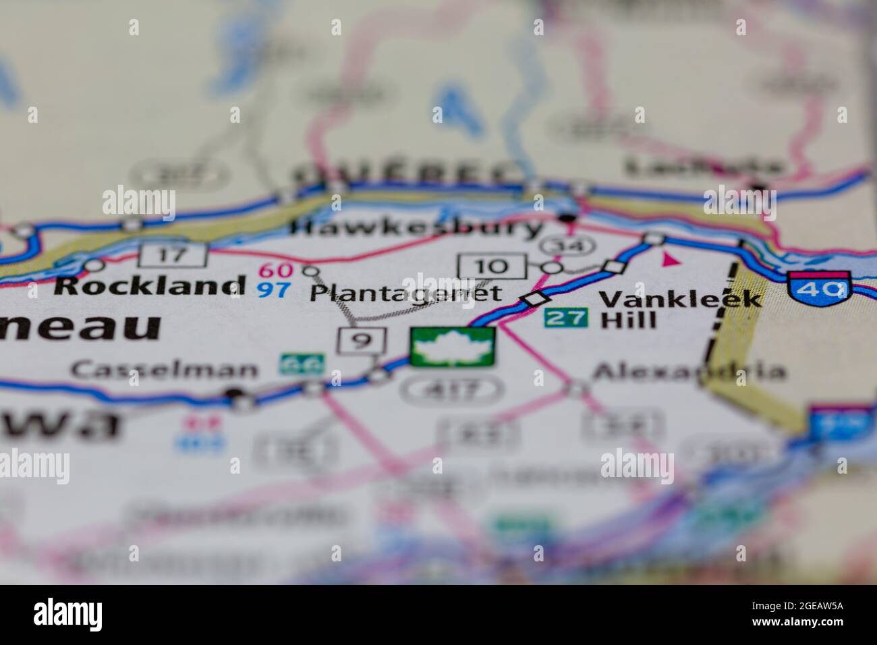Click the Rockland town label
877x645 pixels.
[149, 285]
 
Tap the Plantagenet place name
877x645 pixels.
[406, 293]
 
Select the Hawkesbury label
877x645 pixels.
[416, 228]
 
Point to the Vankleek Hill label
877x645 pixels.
[679, 308]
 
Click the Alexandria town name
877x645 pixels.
[688, 372]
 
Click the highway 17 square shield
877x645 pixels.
[173, 255]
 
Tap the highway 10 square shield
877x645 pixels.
[492, 266]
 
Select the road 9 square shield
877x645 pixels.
[362, 341]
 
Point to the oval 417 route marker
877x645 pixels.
[451, 389]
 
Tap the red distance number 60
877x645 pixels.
[276, 271]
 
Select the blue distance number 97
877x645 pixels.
[275, 291]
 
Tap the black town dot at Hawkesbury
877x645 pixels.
[568, 217]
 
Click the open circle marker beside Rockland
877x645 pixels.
[95, 264]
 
